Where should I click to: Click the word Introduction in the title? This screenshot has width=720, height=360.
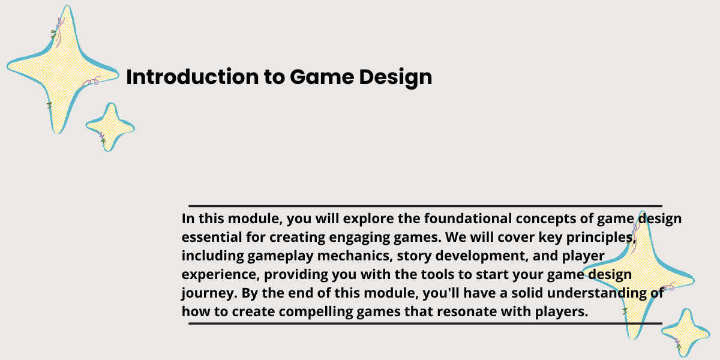(192, 77)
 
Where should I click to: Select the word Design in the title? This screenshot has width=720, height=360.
(395, 77)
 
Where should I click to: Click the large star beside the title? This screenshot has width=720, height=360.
(62, 69)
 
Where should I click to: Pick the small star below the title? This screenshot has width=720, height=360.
(110, 127)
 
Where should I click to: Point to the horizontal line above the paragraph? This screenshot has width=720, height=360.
(425, 206)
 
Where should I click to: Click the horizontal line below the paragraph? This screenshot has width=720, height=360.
(425, 323)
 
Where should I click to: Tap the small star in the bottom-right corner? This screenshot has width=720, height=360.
(686, 332)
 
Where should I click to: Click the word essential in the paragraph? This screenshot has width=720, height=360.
(212, 237)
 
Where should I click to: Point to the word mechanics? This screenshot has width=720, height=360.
(355, 256)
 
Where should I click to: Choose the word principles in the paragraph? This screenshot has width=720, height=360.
(601, 238)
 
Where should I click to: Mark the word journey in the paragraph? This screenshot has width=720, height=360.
(209, 293)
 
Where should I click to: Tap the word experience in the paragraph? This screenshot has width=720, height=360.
(221, 275)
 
